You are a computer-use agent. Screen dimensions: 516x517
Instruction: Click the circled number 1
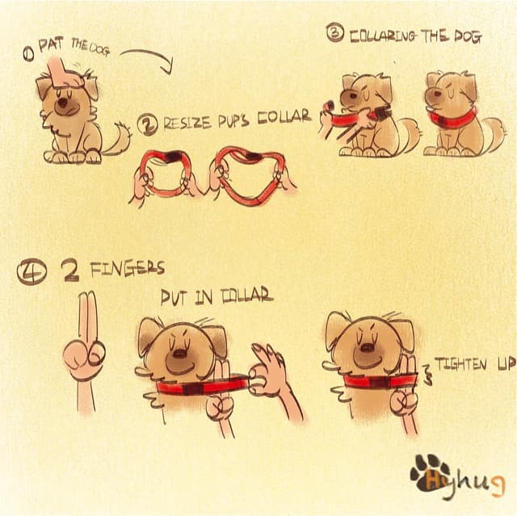point(28,53)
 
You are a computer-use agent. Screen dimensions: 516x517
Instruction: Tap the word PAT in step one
point(51,48)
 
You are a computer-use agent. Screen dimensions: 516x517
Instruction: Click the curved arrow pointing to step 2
point(149,58)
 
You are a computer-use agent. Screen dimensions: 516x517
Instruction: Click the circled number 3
point(334,33)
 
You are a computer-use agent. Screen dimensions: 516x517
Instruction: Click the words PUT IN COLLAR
point(216,297)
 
